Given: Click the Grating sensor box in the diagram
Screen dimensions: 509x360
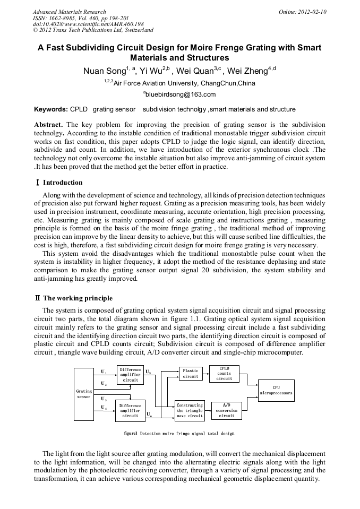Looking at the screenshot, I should pos(84,394).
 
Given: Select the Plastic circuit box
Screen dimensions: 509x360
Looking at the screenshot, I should pos(190,373).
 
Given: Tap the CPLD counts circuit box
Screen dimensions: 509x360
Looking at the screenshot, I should pos(224,373).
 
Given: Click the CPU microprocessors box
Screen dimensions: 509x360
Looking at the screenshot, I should pos(276,390).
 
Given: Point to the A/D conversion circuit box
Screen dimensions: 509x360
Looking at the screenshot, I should pos(226,410).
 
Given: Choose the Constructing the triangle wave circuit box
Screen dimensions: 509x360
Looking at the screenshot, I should pos(190,410).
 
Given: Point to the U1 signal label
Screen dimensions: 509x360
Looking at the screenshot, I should pos(104,372).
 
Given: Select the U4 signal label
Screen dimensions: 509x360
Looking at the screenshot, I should pos(104,407).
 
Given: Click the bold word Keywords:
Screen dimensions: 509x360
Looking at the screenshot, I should pos(50,109).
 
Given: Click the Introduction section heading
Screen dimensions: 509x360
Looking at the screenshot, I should pos(58,182).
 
